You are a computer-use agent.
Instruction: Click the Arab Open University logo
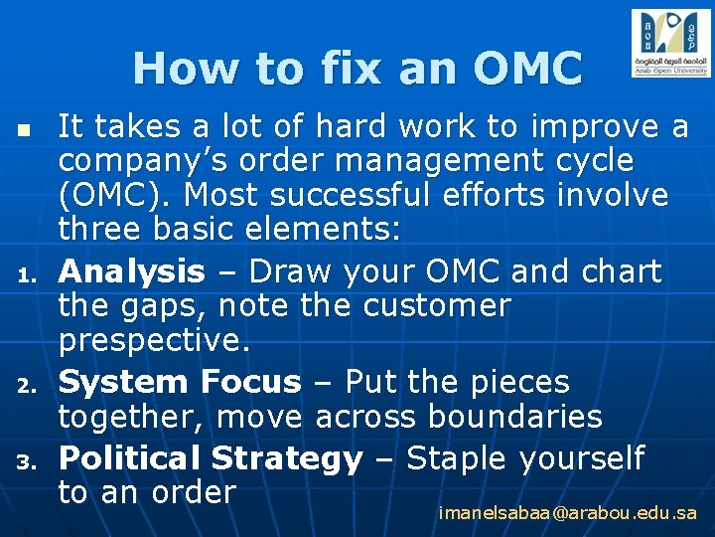[670, 43]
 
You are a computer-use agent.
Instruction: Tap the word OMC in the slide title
[528, 69]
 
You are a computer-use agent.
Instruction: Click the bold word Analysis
[131, 271]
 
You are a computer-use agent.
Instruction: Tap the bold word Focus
[249, 382]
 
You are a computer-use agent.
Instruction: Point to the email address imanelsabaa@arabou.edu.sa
[567, 514]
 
